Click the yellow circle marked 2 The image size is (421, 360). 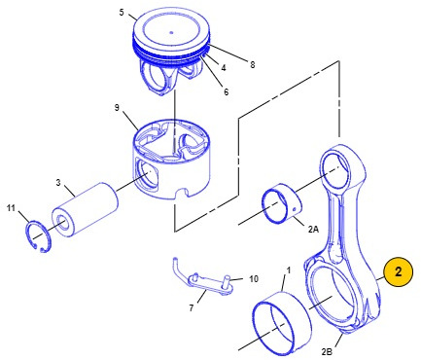pos(399,271)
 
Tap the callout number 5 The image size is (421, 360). pos(122,13)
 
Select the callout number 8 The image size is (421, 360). pos(253,65)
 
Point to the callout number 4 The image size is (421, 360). pos(224,68)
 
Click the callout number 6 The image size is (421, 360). pos(226,92)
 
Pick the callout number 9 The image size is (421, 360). pos(117,108)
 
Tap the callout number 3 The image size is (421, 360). pos(58,183)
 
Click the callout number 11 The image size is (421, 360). pos(11,208)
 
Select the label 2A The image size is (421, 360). pos(313,230)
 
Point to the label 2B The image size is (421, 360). pos(327,351)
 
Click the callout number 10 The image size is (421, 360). pos(254,278)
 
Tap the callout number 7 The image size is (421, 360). pos(192,307)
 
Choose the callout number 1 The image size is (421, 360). pos(288,270)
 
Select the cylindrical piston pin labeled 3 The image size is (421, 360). pos(86,209)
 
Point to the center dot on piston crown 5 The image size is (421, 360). pos(172,32)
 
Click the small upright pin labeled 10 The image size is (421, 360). pos(228,282)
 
